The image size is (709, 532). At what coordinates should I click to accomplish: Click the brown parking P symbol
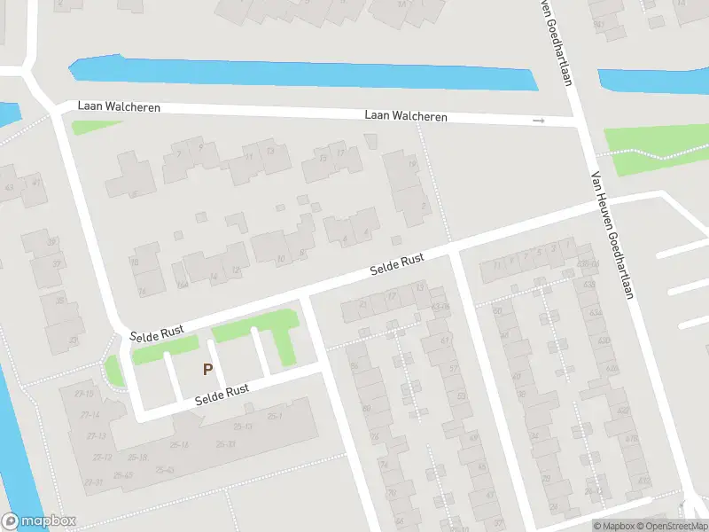pos(208,369)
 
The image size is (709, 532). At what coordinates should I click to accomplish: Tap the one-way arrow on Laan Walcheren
pos(538,121)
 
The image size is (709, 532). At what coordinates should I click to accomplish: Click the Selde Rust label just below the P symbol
pos(222,395)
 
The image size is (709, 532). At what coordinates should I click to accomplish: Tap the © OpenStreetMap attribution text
pos(671,527)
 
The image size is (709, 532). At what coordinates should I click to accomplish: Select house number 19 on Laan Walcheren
pos(411,165)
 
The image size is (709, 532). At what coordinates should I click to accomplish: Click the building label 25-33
pos(225,444)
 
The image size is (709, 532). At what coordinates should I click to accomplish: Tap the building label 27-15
pos(85,394)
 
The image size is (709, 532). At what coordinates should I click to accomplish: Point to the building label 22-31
pos(94,481)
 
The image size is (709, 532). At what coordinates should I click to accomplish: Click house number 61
pos(446,340)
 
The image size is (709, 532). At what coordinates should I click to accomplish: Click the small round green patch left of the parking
pos(113,372)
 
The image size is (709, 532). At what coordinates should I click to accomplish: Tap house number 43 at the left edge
pos(10,187)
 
